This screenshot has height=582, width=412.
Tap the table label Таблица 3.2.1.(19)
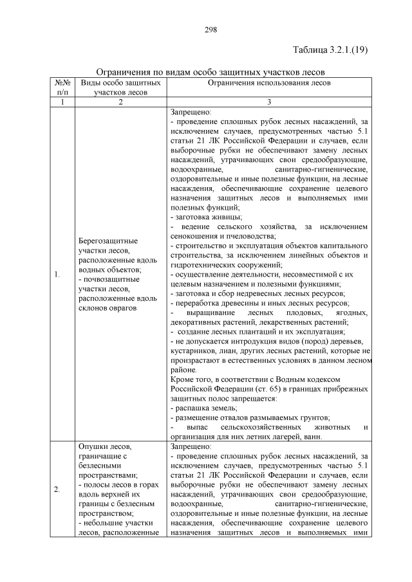click(x=330, y=50)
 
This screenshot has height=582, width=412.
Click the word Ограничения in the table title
click(x=122, y=71)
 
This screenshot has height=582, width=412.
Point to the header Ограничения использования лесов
click(x=270, y=83)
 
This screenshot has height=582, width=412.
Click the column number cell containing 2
click(x=120, y=102)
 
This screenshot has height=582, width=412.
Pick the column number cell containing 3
click(x=270, y=102)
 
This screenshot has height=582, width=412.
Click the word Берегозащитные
click(x=107, y=239)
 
